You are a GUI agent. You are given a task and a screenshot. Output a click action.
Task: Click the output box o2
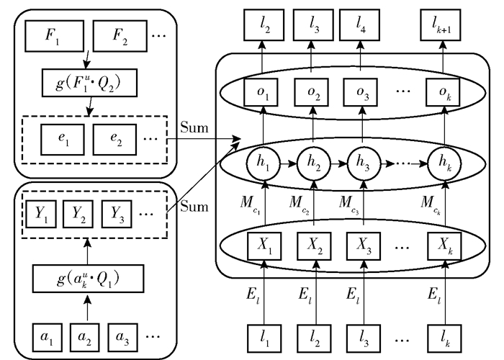point(312,95)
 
